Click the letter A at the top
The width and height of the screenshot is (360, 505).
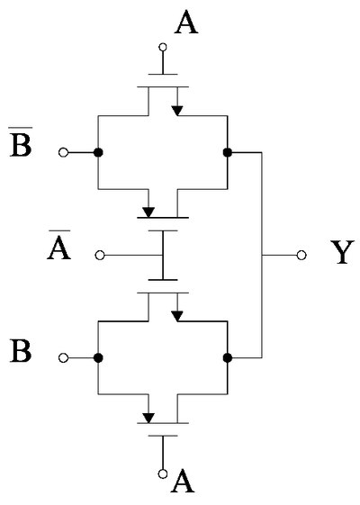click(186, 23)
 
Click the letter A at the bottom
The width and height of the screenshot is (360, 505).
click(183, 482)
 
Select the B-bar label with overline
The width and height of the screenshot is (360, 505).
click(21, 142)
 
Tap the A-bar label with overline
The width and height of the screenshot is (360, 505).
click(59, 245)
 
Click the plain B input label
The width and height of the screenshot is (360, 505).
click(21, 351)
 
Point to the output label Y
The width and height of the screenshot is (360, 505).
click(343, 252)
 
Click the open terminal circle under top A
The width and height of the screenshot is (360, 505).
click(163, 48)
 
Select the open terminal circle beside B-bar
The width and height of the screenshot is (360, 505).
click(63, 152)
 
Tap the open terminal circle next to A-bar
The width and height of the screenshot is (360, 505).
click(100, 256)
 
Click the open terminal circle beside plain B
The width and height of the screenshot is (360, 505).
click(63, 357)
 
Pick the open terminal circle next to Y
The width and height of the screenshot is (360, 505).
click(301, 256)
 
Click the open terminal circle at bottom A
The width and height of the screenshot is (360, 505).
click(163, 473)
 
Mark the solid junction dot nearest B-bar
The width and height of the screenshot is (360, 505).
click(98, 152)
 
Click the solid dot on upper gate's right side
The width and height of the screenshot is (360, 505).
click(228, 152)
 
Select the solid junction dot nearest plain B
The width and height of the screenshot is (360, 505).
click(98, 357)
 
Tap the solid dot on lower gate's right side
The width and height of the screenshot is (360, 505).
click(228, 357)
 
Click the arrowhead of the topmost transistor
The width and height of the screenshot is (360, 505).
click(176, 111)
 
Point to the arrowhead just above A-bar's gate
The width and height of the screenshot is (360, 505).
click(148, 212)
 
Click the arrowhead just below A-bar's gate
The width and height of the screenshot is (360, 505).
click(176, 316)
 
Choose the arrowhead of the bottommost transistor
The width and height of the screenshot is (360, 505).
click(148, 418)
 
